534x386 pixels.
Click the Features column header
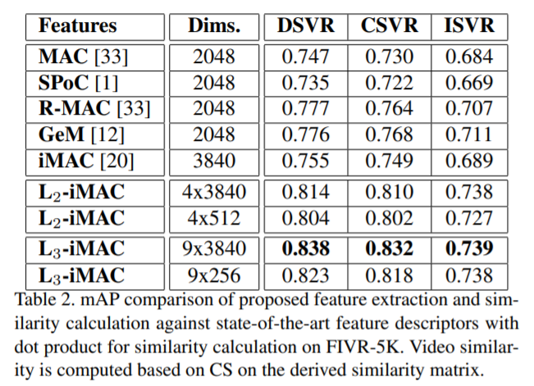(77, 25)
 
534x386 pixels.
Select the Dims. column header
(215, 25)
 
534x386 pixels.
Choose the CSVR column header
(391, 25)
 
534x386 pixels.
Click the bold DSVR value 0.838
(306, 247)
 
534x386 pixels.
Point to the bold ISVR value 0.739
(468, 247)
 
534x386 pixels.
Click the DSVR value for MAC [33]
(306, 57)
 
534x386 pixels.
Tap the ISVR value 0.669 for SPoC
(468, 83)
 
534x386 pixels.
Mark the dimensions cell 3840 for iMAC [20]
(215, 161)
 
